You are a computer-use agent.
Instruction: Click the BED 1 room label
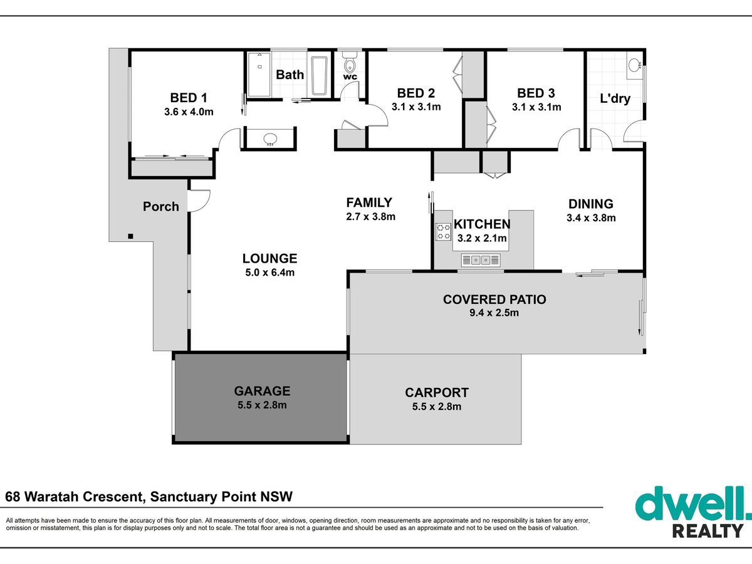tap(189, 98)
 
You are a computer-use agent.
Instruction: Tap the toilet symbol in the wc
tap(350, 62)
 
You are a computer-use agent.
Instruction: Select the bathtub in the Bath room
tap(319, 76)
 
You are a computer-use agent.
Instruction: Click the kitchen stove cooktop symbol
tap(443, 231)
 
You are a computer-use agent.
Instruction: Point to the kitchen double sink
tap(481, 260)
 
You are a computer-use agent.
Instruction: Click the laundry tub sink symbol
tap(634, 65)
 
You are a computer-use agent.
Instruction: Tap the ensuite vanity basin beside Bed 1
tap(270, 139)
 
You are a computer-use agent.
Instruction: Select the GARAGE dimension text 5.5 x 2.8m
tap(262, 405)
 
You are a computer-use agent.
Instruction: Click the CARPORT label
tap(437, 393)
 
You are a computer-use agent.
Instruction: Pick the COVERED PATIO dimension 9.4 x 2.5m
tap(494, 313)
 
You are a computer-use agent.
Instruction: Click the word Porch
tap(160, 207)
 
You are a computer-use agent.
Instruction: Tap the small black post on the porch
tap(130, 236)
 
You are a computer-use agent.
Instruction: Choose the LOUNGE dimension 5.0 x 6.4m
tap(270, 273)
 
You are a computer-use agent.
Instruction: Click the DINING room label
tap(591, 204)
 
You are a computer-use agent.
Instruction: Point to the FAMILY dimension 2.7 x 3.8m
tap(371, 217)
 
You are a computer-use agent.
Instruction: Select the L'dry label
tap(615, 99)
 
